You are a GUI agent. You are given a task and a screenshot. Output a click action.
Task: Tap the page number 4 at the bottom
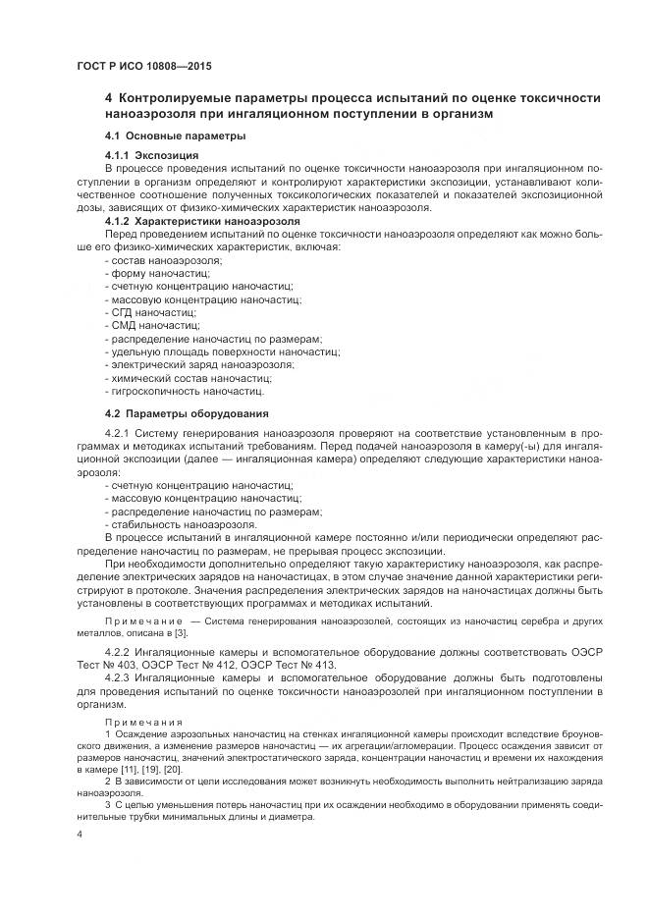[x=80, y=833]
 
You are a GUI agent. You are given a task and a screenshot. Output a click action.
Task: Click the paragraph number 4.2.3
[x=118, y=677]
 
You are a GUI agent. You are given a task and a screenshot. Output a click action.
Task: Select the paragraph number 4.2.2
[x=118, y=651]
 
